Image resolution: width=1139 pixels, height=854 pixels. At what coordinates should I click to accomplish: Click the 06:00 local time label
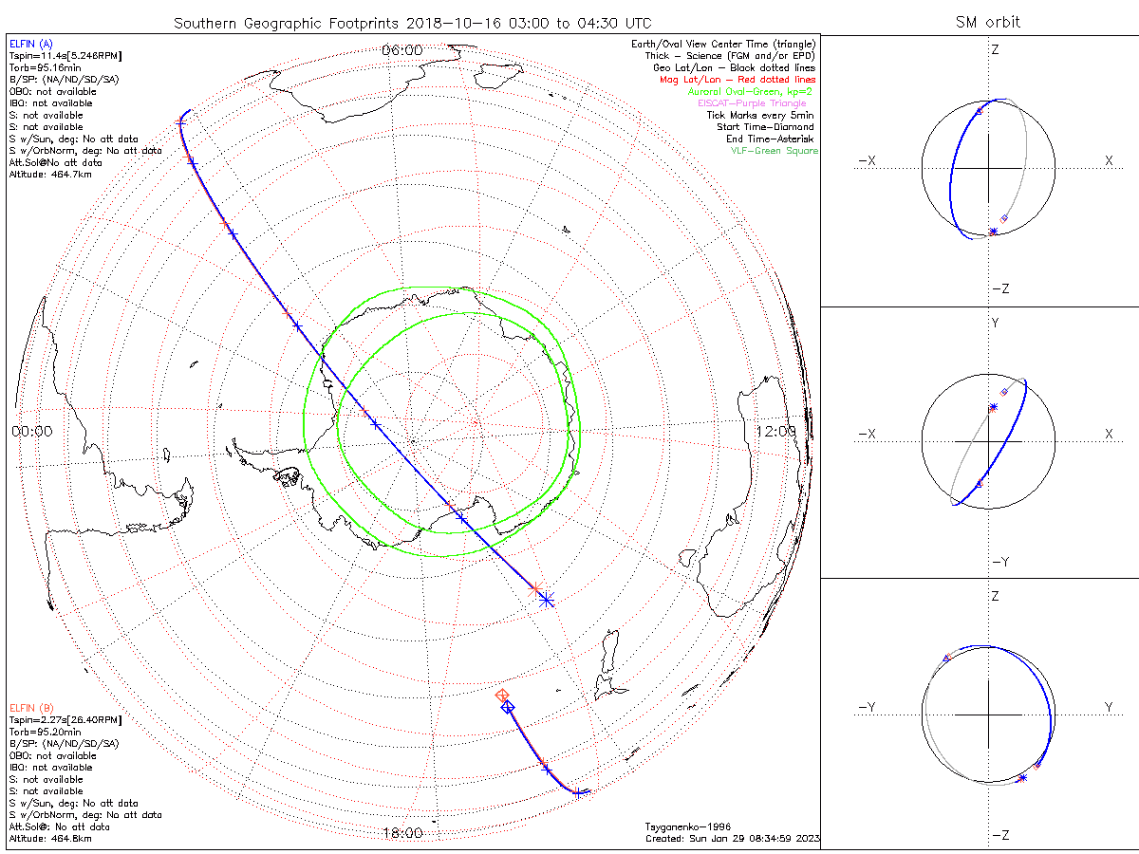click(401, 49)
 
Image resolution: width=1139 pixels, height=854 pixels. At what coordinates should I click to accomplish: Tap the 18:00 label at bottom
click(401, 833)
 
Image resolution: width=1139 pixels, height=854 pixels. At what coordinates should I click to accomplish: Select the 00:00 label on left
click(32, 431)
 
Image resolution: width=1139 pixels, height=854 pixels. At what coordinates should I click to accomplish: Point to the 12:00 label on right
click(776, 431)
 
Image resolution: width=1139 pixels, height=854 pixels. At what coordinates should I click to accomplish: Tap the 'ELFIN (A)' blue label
click(31, 44)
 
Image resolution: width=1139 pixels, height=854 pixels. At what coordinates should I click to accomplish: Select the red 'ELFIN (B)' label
click(31, 708)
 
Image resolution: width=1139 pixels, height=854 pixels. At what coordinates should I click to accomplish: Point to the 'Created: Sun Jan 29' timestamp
click(732, 839)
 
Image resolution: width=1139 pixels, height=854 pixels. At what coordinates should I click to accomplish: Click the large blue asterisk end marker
click(546, 599)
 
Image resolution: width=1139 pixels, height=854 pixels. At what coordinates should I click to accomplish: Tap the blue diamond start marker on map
click(508, 707)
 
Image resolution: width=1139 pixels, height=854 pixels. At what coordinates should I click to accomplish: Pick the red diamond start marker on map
click(503, 696)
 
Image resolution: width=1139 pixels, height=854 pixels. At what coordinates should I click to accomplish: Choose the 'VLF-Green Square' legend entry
click(774, 151)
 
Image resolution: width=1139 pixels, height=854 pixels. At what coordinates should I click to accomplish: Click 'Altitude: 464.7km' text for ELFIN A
click(50, 175)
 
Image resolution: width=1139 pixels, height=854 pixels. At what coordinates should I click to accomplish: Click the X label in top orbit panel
click(1109, 161)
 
